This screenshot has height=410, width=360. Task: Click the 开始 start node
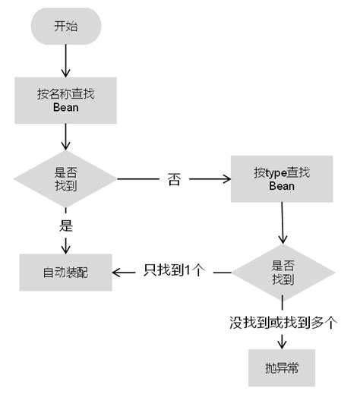coord(65,27)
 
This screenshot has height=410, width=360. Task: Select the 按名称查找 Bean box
coord(65,101)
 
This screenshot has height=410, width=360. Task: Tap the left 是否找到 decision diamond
coord(65,179)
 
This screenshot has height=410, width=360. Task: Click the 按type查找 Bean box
coord(281,179)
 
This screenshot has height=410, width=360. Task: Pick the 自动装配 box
coord(65,271)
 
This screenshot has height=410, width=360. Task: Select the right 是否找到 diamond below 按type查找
coord(283,272)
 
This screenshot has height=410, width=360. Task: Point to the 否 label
coord(174,181)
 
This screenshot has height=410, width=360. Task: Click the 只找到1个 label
coord(174,271)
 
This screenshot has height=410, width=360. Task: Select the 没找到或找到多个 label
coord(283,322)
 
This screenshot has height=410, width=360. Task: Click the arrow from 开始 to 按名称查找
coord(65,58)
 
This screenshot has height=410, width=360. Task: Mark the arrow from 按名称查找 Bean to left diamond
coord(65,137)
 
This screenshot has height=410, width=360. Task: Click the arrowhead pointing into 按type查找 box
coord(226,180)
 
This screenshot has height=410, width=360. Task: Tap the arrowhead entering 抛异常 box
coord(283,344)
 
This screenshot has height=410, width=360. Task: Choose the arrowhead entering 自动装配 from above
coord(65,248)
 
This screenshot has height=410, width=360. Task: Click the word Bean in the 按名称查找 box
coord(65,109)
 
